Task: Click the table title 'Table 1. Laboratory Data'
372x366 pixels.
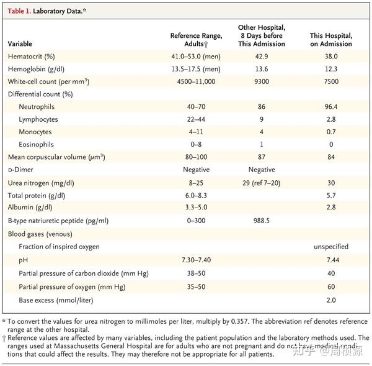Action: [x=46, y=11]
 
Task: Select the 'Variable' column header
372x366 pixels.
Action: [x=22, y=44]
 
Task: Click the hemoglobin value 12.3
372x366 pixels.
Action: [x=330, y=69]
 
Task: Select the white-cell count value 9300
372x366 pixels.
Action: [x=261, y=81]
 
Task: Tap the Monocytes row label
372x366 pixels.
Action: [x=35, y=132]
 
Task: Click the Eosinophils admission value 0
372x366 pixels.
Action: [x=330, y=145]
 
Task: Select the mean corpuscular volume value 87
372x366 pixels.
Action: [x=261, y=157]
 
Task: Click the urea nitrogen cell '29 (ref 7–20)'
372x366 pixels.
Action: [x=261, y=183]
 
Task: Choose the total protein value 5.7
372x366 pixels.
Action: [x=330, y=195]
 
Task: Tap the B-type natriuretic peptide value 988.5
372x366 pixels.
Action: [x=261, y=221]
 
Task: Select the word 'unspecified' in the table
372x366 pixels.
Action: [x=330, y=247]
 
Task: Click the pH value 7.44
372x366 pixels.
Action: [x=330, y=259]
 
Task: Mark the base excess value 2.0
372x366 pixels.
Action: [x=330, y=300]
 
